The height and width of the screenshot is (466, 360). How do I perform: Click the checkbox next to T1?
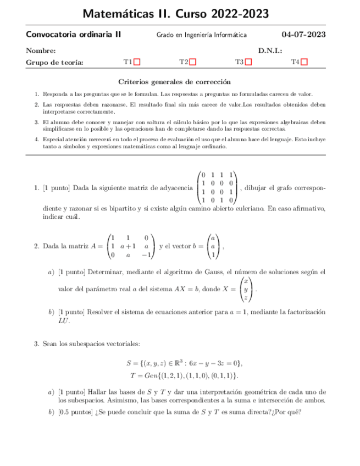click(137, 63)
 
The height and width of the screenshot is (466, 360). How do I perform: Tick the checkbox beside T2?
click(193, 63)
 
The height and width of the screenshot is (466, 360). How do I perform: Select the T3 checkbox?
click(248, 63)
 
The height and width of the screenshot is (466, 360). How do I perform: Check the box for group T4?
click(304, 63)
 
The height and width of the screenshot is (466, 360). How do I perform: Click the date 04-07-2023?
click(304, 35)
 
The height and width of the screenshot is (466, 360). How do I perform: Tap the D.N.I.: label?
click(270, 51)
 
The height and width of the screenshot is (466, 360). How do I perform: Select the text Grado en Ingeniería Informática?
click(202, 35)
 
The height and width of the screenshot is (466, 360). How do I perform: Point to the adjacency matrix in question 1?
click(217, 187)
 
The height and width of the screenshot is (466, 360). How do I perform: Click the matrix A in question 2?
click(131, 247)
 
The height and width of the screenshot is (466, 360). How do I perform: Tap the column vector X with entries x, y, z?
click(247, 289)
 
